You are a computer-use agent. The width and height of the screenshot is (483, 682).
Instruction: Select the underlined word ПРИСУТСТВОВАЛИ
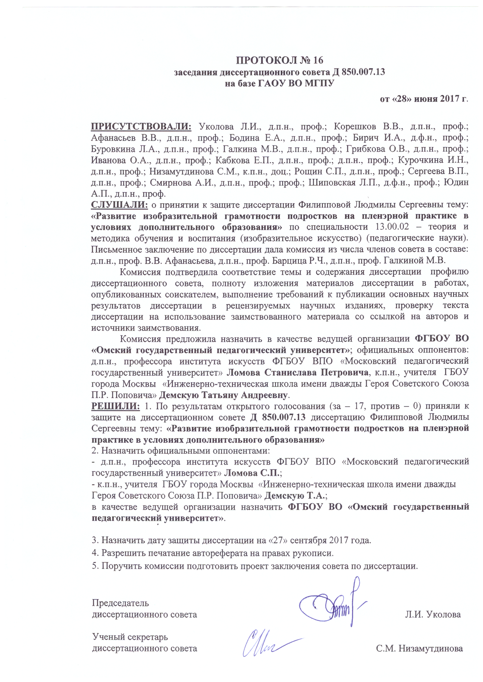(x=141, y=126)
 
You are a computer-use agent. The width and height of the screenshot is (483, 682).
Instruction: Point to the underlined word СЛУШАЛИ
(x=119, y=204)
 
